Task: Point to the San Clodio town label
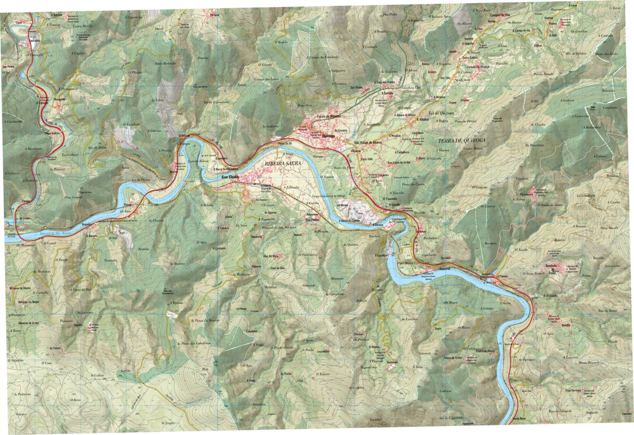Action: click(231, 176)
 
